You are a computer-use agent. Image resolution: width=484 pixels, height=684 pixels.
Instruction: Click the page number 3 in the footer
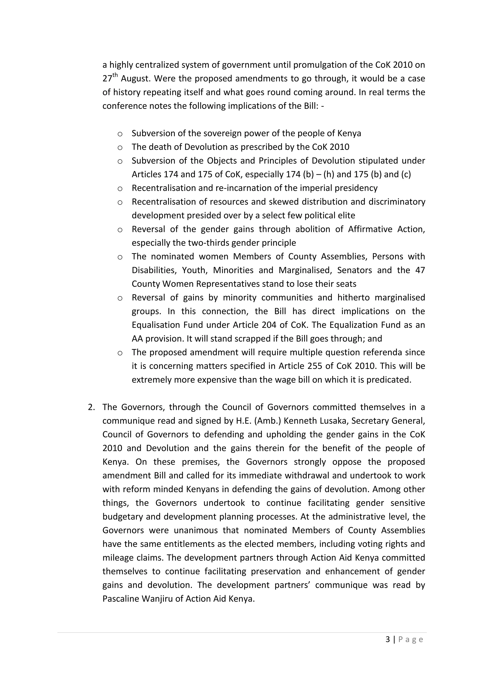[x=387, y=639]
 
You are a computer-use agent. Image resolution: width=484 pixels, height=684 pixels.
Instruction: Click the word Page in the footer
[x=411, y=640]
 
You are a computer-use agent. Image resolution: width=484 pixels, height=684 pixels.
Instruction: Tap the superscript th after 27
[x=115, y=75]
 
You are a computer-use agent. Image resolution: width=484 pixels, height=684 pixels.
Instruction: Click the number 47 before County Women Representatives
[x=420, y=270]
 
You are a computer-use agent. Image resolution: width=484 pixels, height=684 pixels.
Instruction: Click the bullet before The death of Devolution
[x=120, y=147]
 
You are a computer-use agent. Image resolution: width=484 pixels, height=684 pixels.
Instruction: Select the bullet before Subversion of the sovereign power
[x=120, y=134]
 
